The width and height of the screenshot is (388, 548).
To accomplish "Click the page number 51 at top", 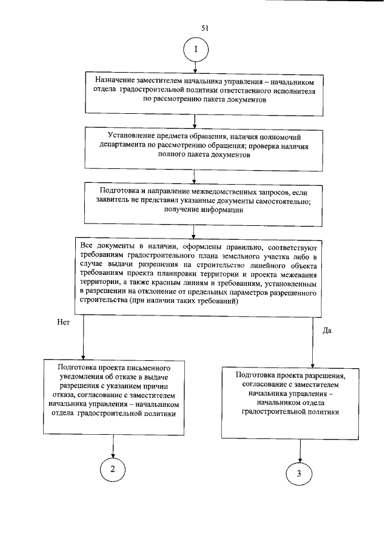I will (204, 28).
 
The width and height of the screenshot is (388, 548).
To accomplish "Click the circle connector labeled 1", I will (195, 50).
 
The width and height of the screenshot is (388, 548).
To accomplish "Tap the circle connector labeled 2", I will (113, 469).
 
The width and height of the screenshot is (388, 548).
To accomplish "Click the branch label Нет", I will (64, 323).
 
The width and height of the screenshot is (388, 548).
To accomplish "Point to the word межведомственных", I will (224, 191).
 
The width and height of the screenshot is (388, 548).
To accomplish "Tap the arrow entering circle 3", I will (299, 452).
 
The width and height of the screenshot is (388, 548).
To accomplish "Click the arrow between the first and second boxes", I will (195, 122).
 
